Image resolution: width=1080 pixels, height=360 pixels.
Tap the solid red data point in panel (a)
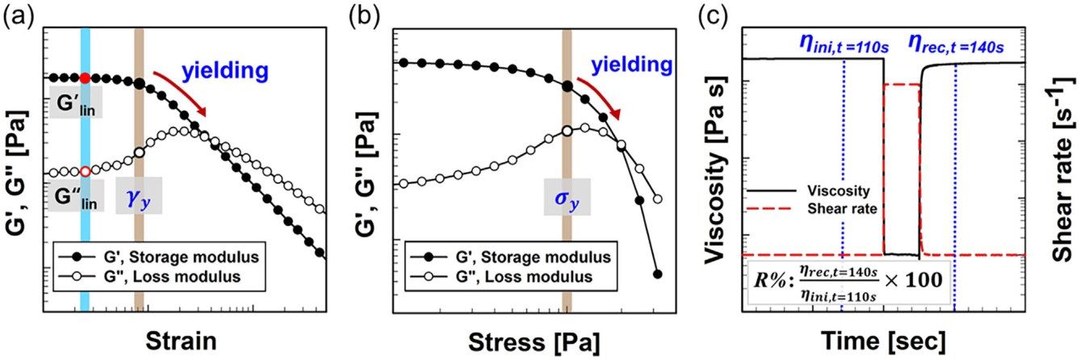[85, 78]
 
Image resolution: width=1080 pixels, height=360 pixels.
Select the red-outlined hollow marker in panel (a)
[85, 171]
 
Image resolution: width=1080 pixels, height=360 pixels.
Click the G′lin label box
[76, 103]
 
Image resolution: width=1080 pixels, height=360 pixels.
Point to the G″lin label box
[76, 195]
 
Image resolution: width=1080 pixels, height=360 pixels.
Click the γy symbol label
[139, 195]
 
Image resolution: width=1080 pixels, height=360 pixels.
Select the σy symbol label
[567, 197]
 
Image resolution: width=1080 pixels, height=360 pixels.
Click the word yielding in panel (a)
[224, 70]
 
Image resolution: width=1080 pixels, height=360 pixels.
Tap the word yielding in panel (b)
[631, 64]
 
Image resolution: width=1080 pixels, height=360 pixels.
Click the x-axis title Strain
[181, 341]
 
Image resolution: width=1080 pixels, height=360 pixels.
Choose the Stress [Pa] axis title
[534, 342]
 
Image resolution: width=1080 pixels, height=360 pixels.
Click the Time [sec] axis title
[884, 341]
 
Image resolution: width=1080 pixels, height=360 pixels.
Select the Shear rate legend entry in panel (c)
[812, 209]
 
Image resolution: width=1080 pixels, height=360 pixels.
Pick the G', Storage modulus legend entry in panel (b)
[510, 257]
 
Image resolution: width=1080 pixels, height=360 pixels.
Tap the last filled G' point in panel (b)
[657, 274]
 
